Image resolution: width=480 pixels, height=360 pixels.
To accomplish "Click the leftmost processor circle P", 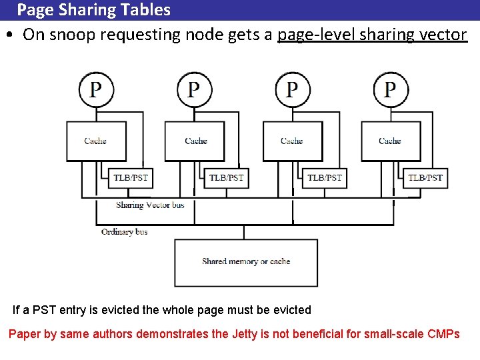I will pos(96,89).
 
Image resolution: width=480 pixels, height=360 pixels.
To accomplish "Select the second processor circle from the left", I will pos(194,89).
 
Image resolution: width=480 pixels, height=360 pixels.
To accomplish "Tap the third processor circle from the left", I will pos(292,89).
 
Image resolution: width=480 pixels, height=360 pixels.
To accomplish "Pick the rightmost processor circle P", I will pos(391,89).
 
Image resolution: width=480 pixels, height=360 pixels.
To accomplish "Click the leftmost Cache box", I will pos(95,141).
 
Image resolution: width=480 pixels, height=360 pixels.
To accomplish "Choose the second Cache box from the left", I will pos(195,141).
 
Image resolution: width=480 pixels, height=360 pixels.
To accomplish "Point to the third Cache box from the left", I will pos(292,141).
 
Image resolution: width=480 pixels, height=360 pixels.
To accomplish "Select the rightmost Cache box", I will pos(390,141).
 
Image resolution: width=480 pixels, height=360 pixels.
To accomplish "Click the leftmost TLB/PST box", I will pos(131,177).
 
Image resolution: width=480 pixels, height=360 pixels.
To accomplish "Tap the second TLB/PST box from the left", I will pos(226,177).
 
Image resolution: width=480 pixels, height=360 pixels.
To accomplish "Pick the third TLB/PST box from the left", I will pos(324,177).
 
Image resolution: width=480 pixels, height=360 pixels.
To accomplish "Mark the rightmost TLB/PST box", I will pos(425,177).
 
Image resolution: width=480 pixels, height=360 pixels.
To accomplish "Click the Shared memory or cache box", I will pos(246,262).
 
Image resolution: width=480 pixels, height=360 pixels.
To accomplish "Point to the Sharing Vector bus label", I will pos(150,205).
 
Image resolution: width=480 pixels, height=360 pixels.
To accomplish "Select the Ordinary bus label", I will pos(125,232).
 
